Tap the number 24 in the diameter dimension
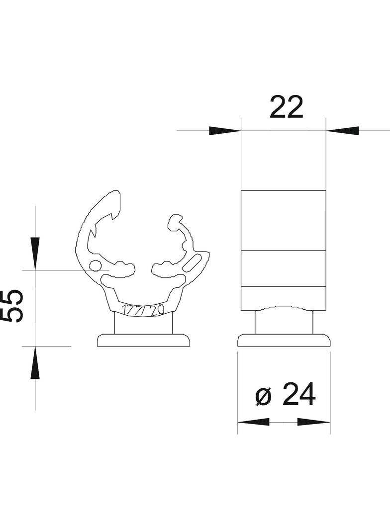pos(299,396)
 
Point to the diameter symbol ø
pos(264,396)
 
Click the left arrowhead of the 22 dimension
pos(224,131)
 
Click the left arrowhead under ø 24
pos(254,422)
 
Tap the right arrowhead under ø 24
pos(314,422)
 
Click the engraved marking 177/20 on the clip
pos(144,311)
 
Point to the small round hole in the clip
pos(94,265)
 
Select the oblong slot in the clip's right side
pos(193,262)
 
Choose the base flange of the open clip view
pos(144,341)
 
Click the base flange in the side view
pos(284,341)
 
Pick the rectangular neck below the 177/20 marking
pos(144,324)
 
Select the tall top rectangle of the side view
pos(283,220)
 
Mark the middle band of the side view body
pos(283,268)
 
